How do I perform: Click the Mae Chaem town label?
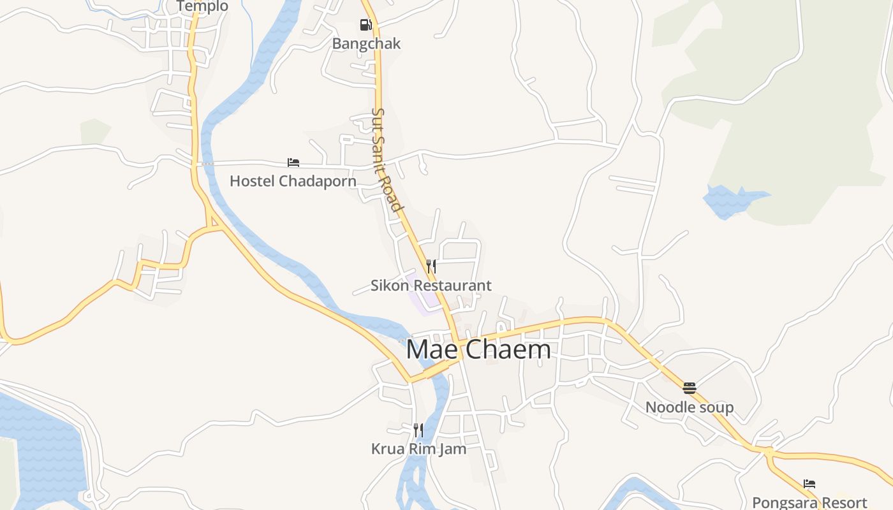(478, 349)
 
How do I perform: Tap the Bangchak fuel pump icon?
(365, 25)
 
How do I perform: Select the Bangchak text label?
(366, 43)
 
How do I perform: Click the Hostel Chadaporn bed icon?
(293, 163)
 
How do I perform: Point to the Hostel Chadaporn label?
(293, 181)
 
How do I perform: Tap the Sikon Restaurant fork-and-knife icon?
(431, 266)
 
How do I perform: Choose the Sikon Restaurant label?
(431, 286)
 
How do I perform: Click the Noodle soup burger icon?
(690, 388)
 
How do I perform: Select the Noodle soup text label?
(690, 407)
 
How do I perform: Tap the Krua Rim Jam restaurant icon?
(418, 430)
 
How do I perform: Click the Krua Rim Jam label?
(418, 449)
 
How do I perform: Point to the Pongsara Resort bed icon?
(809, 484)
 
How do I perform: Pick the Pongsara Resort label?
(809, 502)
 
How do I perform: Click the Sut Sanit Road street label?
(387, 159)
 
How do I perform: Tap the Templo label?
(202, 6)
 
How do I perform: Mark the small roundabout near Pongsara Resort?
(768, 452)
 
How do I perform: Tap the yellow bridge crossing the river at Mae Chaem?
(436, 370)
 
